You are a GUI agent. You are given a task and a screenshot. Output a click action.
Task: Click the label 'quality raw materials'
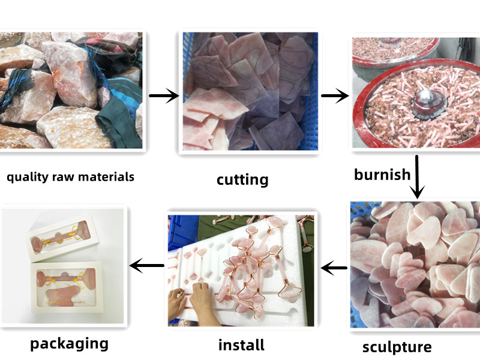click(70, 177)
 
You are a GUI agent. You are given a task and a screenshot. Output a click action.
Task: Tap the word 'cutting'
click(242, 179)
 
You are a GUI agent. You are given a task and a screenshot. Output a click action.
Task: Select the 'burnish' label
click(382, 175)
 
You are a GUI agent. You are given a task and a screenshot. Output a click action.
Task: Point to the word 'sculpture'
click(397, 347)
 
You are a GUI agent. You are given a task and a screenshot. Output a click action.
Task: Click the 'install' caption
click(241, 345)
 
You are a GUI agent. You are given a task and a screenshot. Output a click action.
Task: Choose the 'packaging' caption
click(69, 344)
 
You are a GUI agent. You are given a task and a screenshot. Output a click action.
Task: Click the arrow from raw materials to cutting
click(164, 96)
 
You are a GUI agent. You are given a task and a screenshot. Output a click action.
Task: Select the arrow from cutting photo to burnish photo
click(335, 95)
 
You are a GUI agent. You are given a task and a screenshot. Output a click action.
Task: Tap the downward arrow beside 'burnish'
click(417, 177)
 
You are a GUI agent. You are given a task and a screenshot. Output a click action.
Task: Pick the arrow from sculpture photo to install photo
click(334, 268)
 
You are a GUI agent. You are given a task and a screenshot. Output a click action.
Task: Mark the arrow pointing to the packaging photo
click(146, 265)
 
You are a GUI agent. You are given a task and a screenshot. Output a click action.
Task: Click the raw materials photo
click(71, 91)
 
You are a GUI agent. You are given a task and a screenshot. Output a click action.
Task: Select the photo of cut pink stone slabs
click(250, 91)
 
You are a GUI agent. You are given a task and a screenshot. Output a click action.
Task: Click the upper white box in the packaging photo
click(62, 236)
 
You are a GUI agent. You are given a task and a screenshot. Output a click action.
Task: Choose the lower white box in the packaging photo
click(67, 287)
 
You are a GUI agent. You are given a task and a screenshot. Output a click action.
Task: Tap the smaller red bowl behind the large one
click(395, 53)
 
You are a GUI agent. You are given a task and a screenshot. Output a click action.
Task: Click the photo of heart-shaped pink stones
click(415, 265)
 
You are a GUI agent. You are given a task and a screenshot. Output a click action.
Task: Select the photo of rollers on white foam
click(241, 271)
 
